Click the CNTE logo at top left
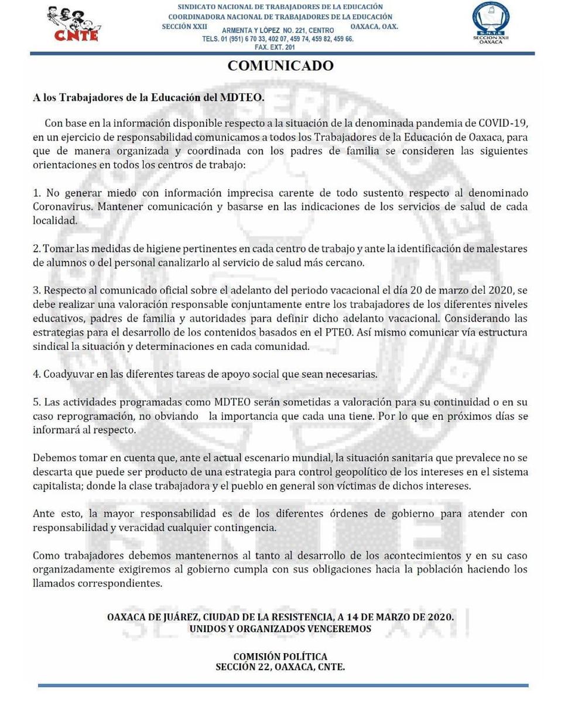[74, 25]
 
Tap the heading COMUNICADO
[280, 66]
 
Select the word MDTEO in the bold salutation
[241, 97]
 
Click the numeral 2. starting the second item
[36, 249]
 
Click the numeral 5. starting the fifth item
[36, 402]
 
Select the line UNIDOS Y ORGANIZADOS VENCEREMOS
[280, 629]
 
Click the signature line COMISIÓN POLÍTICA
[280, 657]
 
